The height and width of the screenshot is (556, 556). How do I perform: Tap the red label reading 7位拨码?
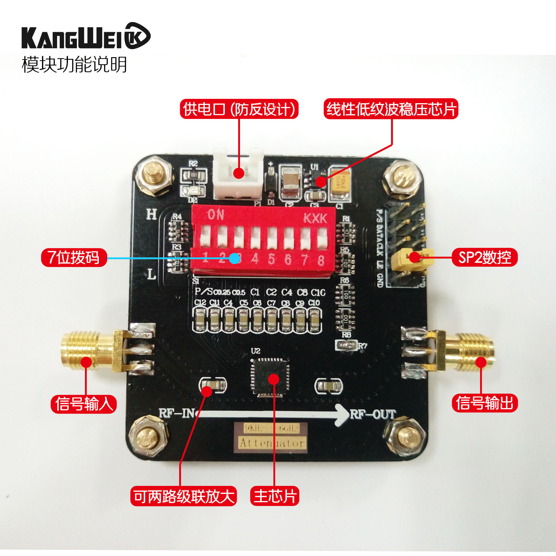pos(74,257)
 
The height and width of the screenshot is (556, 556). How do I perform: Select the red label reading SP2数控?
pos(484,257)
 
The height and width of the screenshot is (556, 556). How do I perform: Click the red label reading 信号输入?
pos(84,404)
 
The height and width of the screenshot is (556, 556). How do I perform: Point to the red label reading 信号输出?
pos(484,403)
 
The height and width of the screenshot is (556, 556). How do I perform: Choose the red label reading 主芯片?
pos(275,496)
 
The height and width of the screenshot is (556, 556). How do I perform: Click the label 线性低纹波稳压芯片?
pos(391,109)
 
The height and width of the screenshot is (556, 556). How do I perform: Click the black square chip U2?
pos(271,377)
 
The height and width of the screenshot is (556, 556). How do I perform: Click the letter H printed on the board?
pos(151,214)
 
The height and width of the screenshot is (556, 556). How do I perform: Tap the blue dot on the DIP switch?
pos(235,258)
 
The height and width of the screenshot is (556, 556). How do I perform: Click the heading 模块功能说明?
pos(74,65)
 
